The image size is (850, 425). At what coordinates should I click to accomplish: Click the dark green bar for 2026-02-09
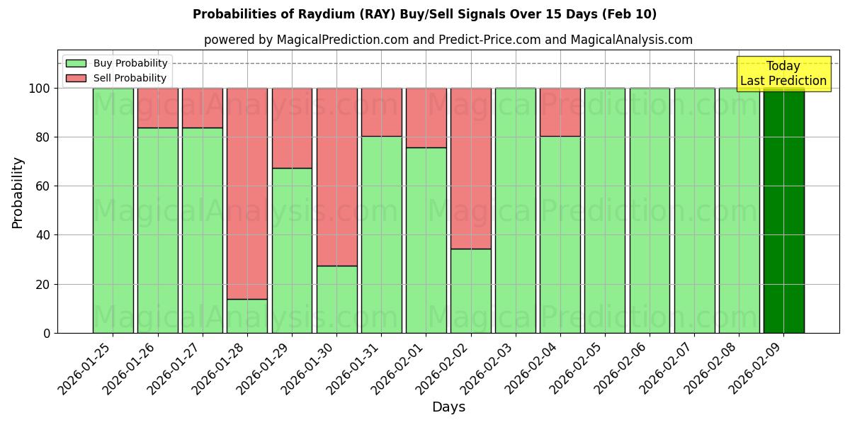click(783, 210)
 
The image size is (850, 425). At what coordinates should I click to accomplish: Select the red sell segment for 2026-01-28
click(247, 193)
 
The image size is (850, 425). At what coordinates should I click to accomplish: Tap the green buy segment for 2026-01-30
click(336, 299)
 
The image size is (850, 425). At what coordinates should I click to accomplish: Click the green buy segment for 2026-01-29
click(292, 250)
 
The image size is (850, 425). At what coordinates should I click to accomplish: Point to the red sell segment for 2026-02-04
click(560, 112)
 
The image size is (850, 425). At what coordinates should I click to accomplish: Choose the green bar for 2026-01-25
click(113, 210)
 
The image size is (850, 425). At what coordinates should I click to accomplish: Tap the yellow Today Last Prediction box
click(783, 74)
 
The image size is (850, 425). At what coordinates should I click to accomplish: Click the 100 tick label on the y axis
click(40, 89)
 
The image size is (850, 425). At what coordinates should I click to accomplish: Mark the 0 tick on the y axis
click(47, 333)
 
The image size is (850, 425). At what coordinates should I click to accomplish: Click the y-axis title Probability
click(18, 192)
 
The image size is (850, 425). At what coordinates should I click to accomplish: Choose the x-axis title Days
click(448, 407)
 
